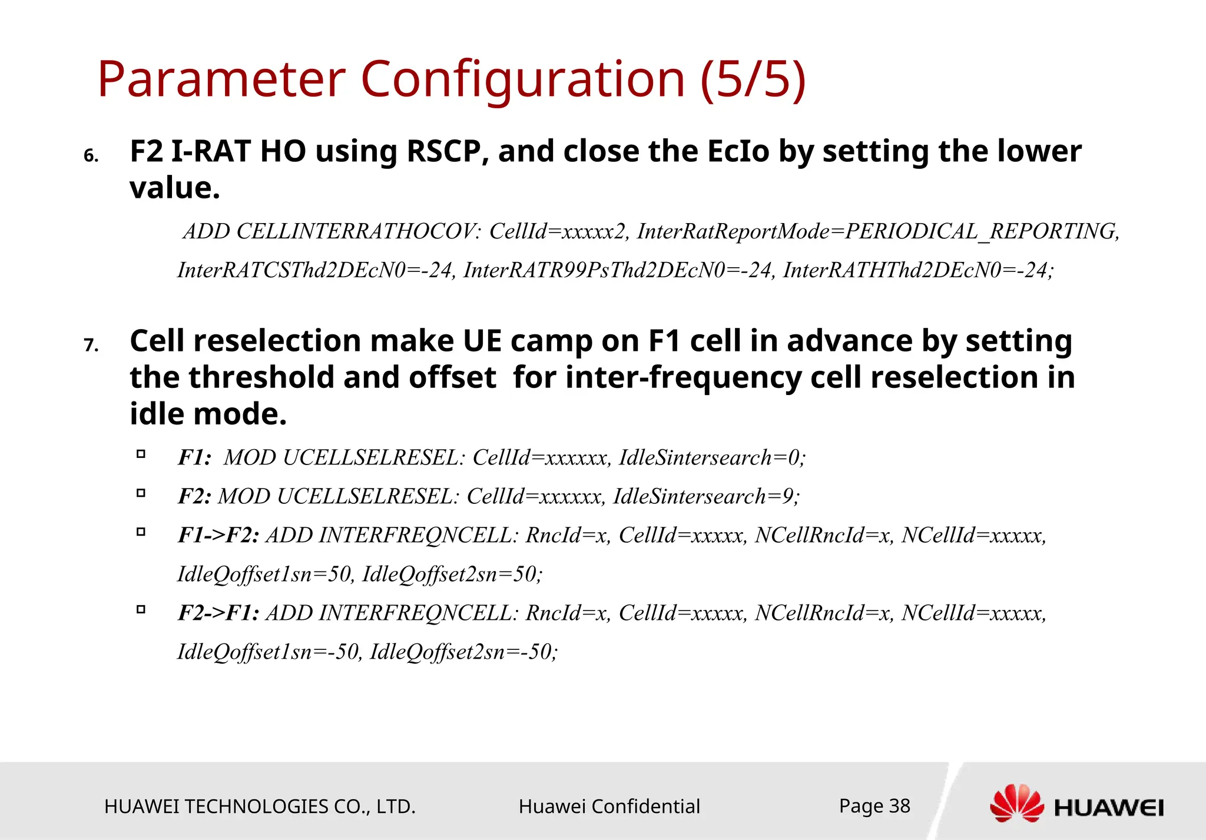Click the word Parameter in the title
[x=221, y=79]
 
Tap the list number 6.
[x=91, y=156]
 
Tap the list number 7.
[x=91, y=345]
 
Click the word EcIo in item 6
[x=738, y=151]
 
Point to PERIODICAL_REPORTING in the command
[x=981, y=231]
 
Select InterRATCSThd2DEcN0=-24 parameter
[x=316, y=270]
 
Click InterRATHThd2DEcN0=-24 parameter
[x=917, y=270]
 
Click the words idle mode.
[x=208, y=414]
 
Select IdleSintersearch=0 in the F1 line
[x=711, y=457]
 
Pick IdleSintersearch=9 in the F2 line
[x=705, y=496]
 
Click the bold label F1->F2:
[x=218, y=535]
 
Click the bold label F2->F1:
[x=218, y=613]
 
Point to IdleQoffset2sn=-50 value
[x=463, y=652]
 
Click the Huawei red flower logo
[x=1016, y=803]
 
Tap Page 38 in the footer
[x=874, y=806]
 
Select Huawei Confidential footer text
[x=609, y=806]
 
